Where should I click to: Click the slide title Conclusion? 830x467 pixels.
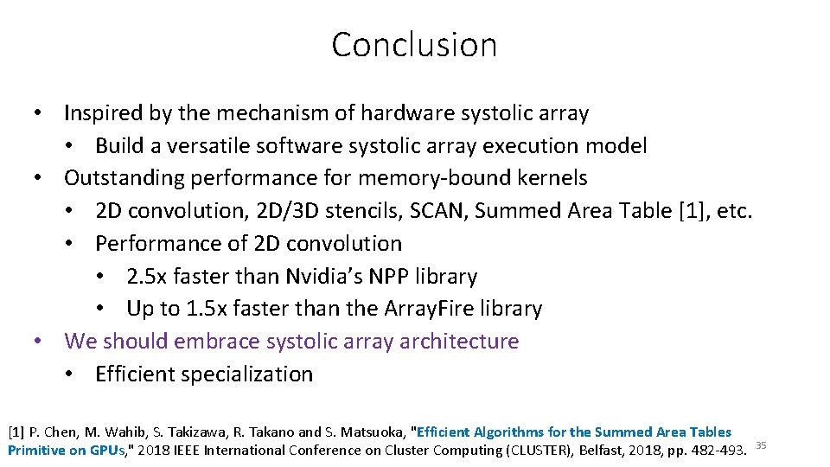point(414,44)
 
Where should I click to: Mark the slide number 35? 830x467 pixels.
point(762,445)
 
